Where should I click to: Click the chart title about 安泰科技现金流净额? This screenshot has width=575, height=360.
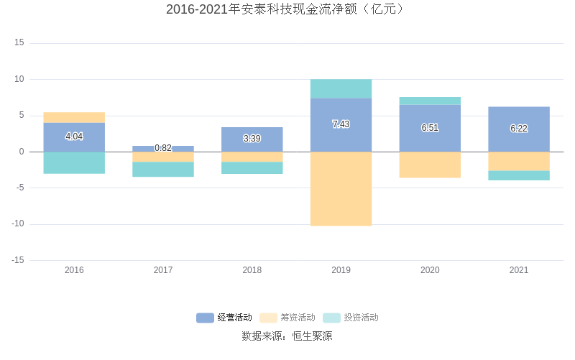pyautogui.click(x=287, y=9)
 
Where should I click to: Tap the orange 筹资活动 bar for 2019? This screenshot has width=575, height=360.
pyautogui.click(x=341, y=188)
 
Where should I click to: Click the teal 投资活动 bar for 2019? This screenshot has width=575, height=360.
pyautogui.click(x=341, y=88)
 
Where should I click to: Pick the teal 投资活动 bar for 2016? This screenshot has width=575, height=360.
pyautogui.click(x=74, y=162)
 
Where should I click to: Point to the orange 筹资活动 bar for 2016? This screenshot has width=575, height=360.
pyautogui.click(x=74, y=117)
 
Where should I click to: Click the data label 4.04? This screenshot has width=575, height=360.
pyautogui.click(x=74, y=137)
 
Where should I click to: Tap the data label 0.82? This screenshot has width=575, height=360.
pyautogui.click(x=163, y=148)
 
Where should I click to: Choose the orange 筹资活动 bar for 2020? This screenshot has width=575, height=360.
pyautogui.click(x=430, y=165)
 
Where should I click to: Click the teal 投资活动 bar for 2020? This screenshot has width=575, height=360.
pyautogui.click(x=430, y=101)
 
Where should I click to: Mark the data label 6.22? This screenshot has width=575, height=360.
pyautogui.click(x=519, y=129)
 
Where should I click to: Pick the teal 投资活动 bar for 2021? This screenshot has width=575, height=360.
pyautogui.click(x=519, y=175)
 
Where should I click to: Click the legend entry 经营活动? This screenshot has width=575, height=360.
pyautogui.click(x=224, y=318)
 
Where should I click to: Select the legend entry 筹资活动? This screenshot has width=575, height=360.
pyautogui.click(x=287, y=318)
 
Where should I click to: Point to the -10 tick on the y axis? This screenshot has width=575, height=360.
pyautogui.click(x=17, y=223)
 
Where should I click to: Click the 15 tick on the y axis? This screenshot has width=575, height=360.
pyautogui.click(x=19, y=42)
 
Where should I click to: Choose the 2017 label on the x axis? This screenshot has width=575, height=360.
pyautogui.click(x=163, y=270)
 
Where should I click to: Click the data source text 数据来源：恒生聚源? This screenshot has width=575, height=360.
pyautogui.click(x=287, y=336)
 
